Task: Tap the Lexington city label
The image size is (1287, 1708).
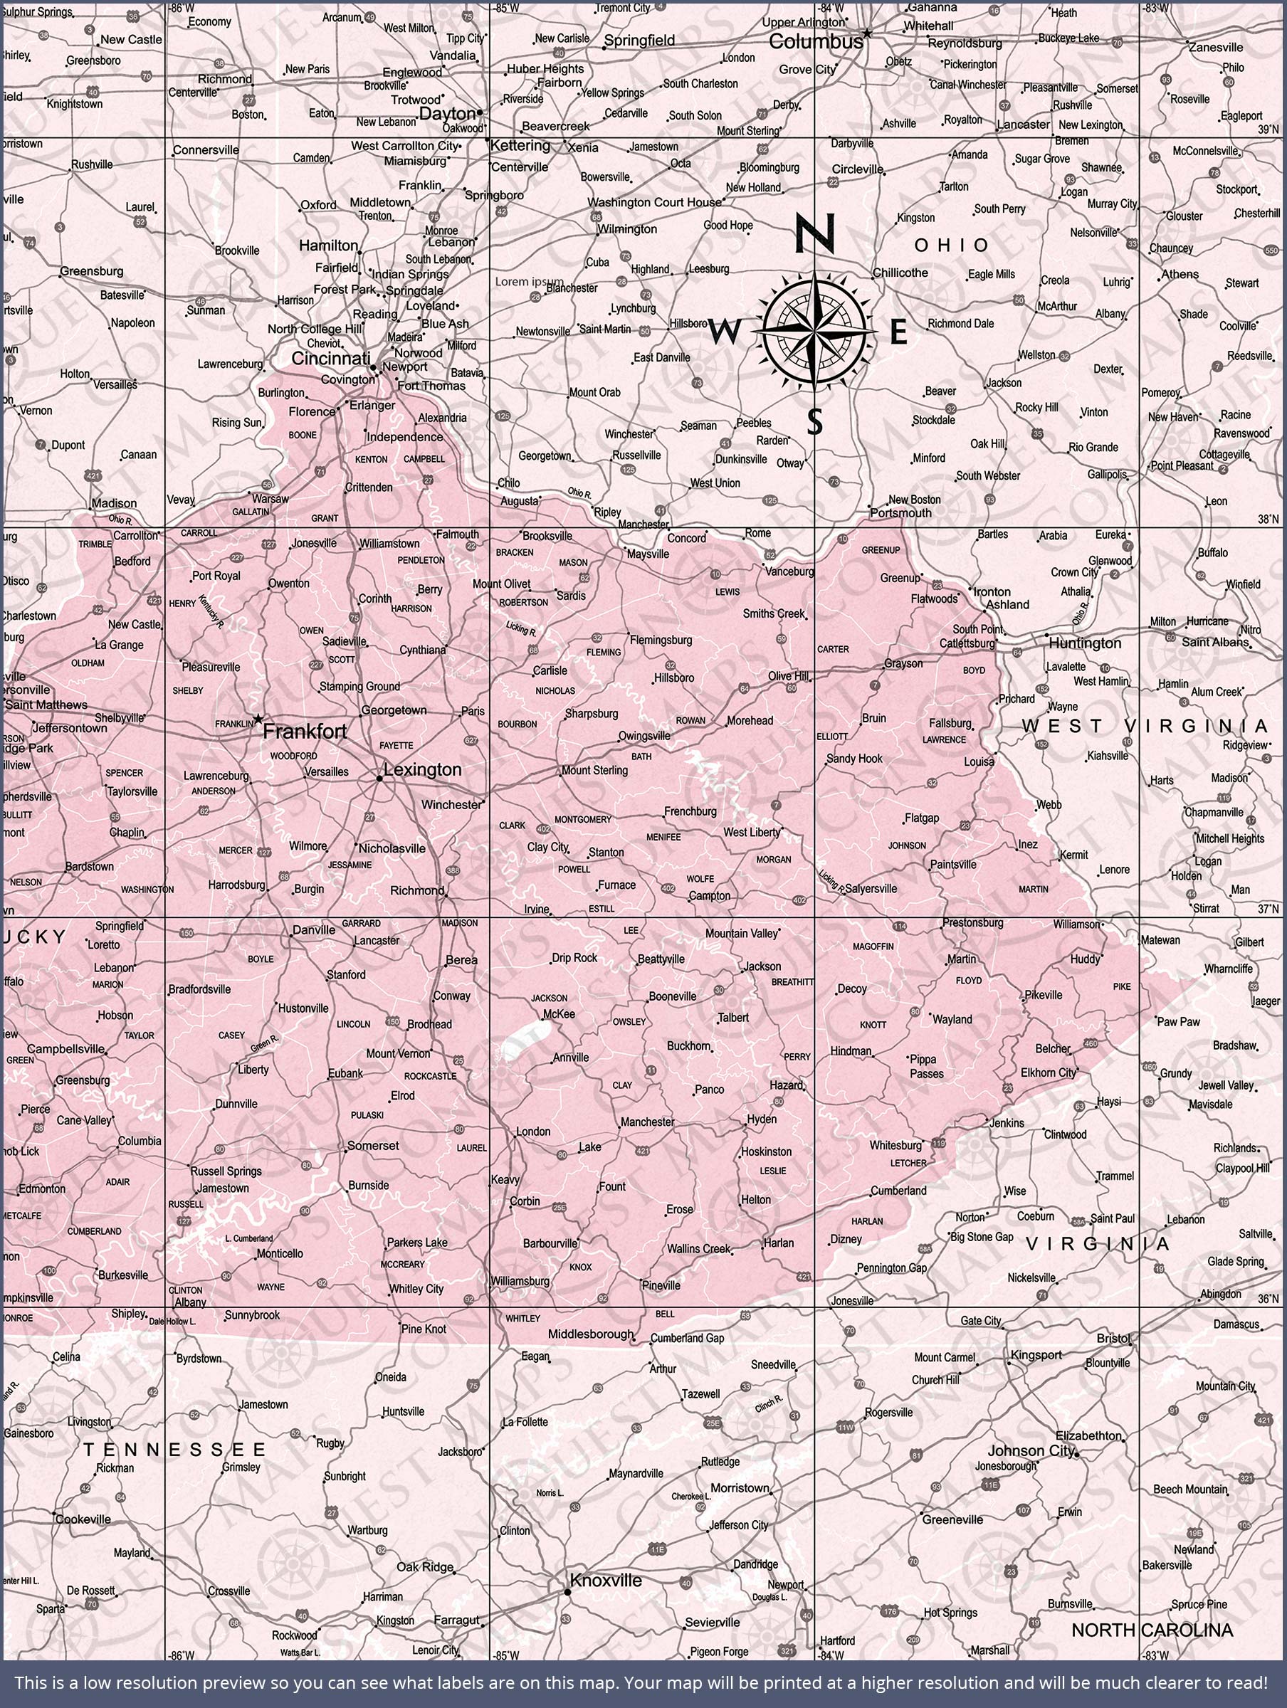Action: point(423,769)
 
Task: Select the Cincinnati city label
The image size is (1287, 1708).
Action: point(330,358)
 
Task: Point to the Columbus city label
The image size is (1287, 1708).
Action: point(816,42)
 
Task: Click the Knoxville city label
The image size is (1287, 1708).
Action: point(606,1580)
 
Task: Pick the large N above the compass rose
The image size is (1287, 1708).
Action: point(816,233)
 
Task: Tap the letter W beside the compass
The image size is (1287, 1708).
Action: point(724,333)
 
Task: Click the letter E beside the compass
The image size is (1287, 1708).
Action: point(898,332)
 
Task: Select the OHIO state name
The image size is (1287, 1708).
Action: point(951,246)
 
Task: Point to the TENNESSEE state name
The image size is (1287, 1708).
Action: point(174,1450)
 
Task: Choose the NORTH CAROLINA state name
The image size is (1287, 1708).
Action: point(1152,1630)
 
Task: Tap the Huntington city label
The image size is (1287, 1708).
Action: point(1085,643)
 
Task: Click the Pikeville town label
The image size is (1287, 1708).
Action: point(1044,996)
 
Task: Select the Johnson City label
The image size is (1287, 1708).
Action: point(1031,1451)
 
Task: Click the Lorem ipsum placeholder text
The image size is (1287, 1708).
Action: point(529,282)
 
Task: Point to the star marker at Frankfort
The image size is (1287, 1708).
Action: point(258,719)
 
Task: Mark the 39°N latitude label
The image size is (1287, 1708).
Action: point(1268,130)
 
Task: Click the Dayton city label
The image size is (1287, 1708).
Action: point(447,113)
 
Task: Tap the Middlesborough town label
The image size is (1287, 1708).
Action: point(591,1334)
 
